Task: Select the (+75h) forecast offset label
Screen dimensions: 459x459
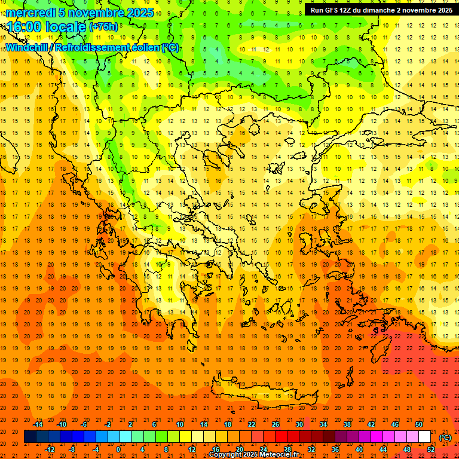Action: pyautogui.click(x=103, y=27)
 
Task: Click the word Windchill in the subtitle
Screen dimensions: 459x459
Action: pyautogui.click(x=27, y=48)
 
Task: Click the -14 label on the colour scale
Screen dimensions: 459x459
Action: pyautogui.click(x=39, y=424)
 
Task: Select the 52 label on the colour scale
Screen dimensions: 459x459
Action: pyautogui.click(x=431, y=449)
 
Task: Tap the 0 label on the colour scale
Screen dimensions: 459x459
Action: pyautogui.click(x=119, y=449)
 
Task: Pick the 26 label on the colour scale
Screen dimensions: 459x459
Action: pyautogui.click(x=276, y=424)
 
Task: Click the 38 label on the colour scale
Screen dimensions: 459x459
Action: pyautogui.click(x=347, y=424)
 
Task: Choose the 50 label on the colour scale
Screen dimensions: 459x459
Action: pyautogui.click(x=419, y=424)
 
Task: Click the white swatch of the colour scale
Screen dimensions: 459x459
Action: pyautogui.click(x=424, y=437)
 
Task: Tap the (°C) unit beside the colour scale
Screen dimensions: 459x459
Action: pyautogui.click(x=445, y=437)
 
